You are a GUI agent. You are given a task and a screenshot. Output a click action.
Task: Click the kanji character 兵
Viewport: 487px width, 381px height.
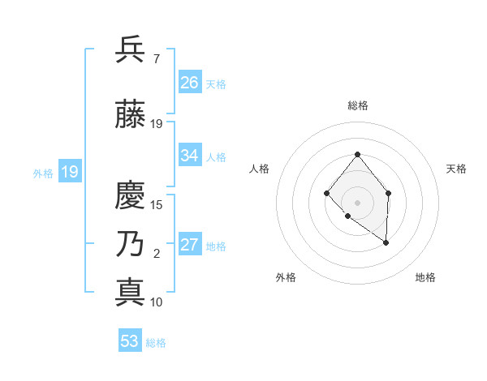pos(131,50)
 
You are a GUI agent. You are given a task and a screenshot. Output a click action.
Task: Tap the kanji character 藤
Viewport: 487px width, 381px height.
pos(131,114)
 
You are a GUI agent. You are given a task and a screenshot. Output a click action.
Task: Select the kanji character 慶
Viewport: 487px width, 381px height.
pos(131,196)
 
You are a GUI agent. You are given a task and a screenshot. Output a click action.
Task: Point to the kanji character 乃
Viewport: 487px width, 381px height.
pos(131,244)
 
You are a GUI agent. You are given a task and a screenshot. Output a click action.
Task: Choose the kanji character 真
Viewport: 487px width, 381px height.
pos(131,292)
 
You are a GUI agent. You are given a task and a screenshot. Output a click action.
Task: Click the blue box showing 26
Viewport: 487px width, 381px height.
pos(190,82)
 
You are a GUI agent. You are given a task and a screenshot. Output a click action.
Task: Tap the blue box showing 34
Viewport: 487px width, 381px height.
pos(190,156)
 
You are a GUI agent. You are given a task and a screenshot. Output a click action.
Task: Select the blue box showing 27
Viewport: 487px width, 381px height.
pos(190,245)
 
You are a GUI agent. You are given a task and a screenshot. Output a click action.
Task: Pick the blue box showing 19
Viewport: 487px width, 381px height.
pos(69,172)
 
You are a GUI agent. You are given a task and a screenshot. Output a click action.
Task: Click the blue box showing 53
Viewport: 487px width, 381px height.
pos(130,341)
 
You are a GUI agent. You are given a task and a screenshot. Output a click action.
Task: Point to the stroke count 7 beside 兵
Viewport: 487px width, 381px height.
pos(156,59)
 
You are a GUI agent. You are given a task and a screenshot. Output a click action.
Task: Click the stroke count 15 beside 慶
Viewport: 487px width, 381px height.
pos(157,204)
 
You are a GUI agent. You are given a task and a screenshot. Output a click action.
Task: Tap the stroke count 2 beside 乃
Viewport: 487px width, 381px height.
pos(156,254)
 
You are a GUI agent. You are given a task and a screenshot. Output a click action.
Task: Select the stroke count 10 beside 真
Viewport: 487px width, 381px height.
pos(157,302)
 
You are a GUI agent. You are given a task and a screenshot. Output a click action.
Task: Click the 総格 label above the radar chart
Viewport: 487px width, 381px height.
pos(357,105)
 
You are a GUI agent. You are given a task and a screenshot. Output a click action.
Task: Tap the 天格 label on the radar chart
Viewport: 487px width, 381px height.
pos(456,169)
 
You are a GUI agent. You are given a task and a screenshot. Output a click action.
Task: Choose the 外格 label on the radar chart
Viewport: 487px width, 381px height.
pos(286,277)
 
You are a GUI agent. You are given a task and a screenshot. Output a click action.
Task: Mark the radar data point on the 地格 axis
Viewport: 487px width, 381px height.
pos(386,242)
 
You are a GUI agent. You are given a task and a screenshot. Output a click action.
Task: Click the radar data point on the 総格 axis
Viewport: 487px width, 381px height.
pos(357,154)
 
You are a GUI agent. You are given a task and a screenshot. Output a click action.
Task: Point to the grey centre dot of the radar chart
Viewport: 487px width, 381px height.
pos(357,202)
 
